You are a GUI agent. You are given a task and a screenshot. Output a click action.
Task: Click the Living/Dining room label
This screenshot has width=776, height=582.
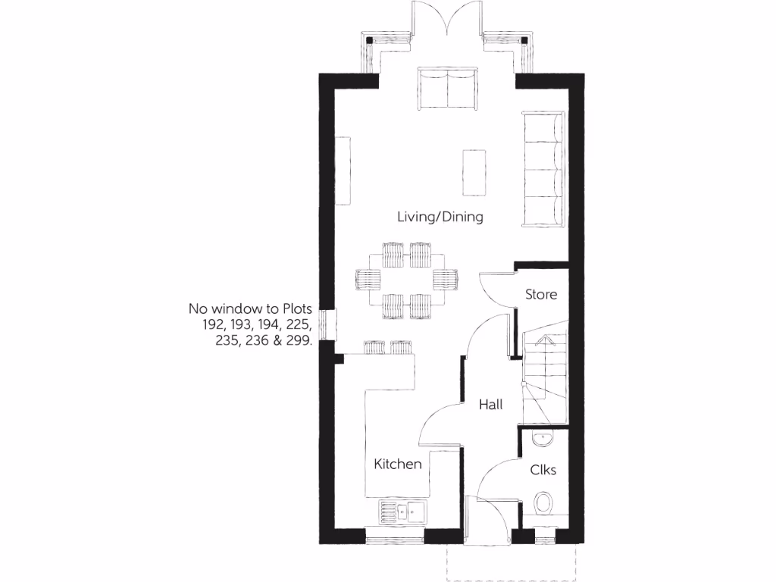click(x=440, y=217)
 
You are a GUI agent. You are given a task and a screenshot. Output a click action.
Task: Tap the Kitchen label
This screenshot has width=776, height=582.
click(x=398, y=464)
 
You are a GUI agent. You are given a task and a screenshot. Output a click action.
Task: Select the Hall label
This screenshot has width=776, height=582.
click(x=490, y=405)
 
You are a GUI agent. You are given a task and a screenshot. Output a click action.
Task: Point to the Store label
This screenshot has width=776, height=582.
click(x=541, y=294)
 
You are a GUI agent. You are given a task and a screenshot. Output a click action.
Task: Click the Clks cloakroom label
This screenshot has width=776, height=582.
click(x=543, y=470)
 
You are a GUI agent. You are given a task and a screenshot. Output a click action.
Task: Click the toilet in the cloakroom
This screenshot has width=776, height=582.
click(x=543, y=503)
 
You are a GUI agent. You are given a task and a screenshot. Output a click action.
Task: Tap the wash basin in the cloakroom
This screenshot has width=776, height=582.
click(x=543, y=437)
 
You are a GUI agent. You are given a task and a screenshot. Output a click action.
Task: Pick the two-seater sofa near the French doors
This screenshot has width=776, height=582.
click(x=448, y=89)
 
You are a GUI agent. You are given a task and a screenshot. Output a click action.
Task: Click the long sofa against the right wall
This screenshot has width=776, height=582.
click(x=543, y=168)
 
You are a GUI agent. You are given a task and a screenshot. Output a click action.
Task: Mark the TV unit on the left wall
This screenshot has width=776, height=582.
click(x=343, y=171)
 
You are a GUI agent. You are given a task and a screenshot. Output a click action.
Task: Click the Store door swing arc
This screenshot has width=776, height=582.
click(x=490, y=281)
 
